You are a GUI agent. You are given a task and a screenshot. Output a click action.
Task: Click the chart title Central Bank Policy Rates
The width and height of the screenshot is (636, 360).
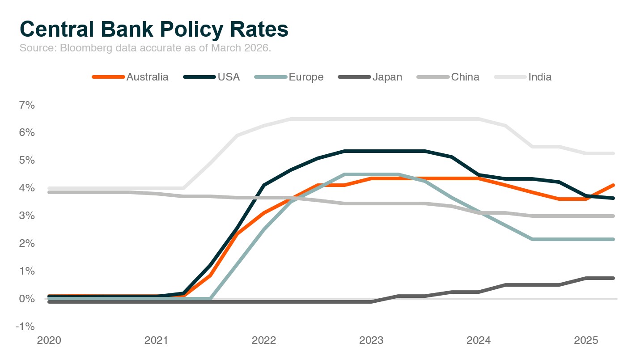point(154,29)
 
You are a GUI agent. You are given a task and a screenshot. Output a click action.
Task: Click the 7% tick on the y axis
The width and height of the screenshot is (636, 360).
point(26,105)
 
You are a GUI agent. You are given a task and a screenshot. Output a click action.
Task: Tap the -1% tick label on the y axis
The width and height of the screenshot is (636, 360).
point(25,326)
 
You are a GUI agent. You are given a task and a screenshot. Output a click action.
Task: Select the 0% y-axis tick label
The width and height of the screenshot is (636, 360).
point(26,299)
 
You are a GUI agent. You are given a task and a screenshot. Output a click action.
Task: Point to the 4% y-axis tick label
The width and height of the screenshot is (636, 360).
point(26,188)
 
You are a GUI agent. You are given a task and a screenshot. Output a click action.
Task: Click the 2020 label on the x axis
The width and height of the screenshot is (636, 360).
point(49,341)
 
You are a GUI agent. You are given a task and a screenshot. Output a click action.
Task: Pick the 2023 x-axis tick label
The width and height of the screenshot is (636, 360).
point(371,341)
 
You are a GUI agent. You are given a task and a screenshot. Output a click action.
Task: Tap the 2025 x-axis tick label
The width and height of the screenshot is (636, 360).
point(586,341)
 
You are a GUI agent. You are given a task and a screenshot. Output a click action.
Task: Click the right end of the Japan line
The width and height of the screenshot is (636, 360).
point(613,278)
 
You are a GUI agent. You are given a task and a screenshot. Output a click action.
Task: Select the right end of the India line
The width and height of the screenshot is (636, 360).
point(613,153)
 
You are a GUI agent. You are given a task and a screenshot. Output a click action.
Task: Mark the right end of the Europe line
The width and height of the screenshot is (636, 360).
point(613,239)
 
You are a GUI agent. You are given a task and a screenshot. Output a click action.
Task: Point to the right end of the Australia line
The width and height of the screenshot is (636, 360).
point(613,185)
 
